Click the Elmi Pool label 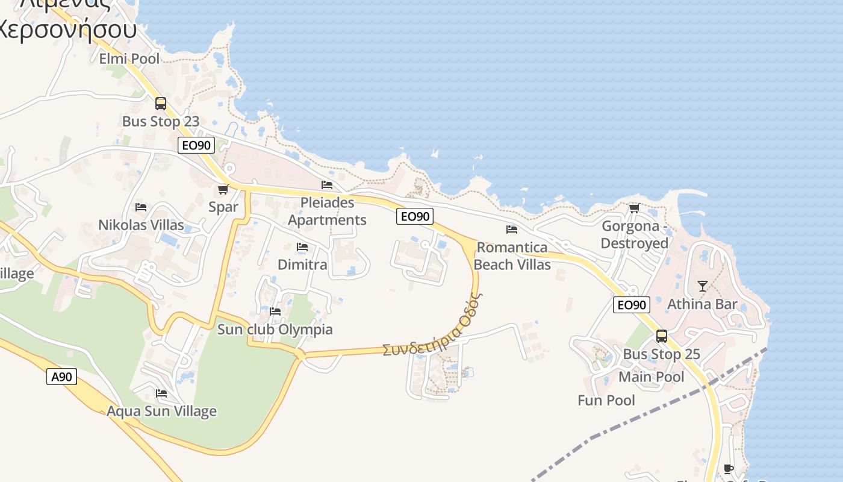[129, 58]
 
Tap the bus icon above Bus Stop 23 [161, 103]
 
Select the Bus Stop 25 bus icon [662, 336]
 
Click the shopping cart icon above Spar [223, 190]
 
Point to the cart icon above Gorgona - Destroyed [634, 208]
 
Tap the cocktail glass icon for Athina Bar [702, 286]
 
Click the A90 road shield [61, 377]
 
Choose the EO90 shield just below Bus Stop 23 [196, 145]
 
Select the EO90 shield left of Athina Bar [632, 305]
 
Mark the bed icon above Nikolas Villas [141, 207]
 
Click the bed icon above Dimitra [302, 247]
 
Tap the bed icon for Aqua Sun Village [161, 393]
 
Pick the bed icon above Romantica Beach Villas [512, 230]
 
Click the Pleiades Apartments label [327, 211]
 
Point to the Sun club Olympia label [275, 330]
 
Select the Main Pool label [652, 377]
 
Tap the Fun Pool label [606, 400]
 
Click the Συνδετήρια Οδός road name [433, 325]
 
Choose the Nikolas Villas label [142, 225]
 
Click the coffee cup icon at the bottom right [729, 469]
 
